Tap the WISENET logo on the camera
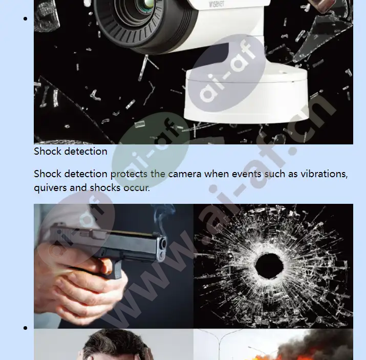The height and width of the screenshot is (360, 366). (217, 4)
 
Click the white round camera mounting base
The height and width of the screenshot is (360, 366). (246, 96)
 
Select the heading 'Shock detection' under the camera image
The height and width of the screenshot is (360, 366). (71, 151)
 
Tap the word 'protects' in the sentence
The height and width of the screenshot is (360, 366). (128, 175)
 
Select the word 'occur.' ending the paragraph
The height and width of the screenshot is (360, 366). (137, 188)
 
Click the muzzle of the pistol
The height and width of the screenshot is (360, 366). (164, 244)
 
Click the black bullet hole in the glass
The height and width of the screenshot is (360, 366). (269, 265)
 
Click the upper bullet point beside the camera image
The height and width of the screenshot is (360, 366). (26, 18)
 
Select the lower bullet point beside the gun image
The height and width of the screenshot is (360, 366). (26, 328)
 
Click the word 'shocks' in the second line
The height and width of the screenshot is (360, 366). (105, 188)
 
